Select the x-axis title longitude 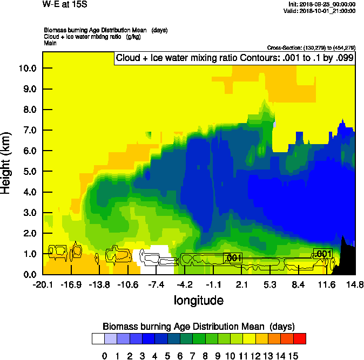click(x=198, y=300)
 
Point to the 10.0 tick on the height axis click(x=26, y=69)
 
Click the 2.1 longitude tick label click(x=241, y=284)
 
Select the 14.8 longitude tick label click(x=355, y=284)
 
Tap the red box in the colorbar click(x=300, y=338)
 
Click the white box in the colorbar click(x=98, y=338)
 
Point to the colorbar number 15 click(x=293, y=356)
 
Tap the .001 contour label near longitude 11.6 click(x=322, y=254)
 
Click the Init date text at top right click(x=322, y=4)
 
